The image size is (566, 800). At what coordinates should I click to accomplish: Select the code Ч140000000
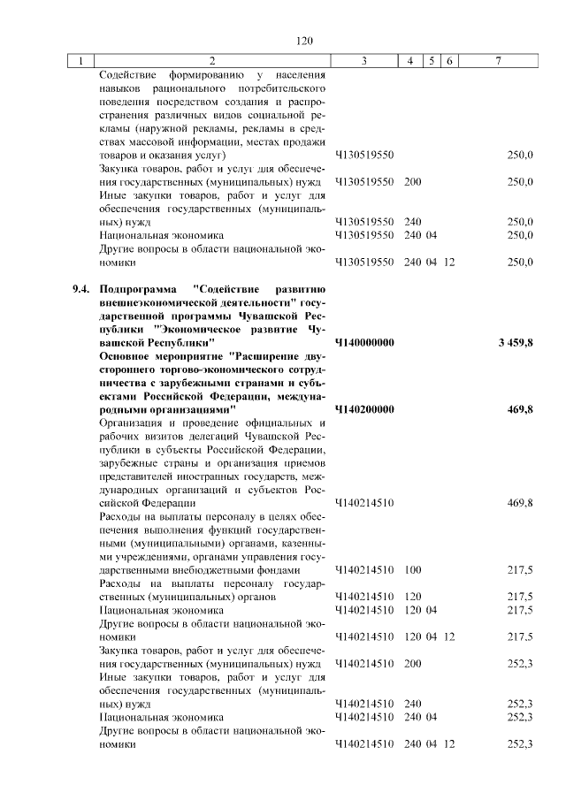pos(364,342)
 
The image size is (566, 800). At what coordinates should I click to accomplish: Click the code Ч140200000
pos(364,409)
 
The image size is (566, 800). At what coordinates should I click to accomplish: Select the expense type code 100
pos(412,569)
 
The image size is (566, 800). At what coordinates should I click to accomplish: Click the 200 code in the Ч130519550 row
pos(412,181)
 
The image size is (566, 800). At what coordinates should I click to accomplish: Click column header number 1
pos(81,61)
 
